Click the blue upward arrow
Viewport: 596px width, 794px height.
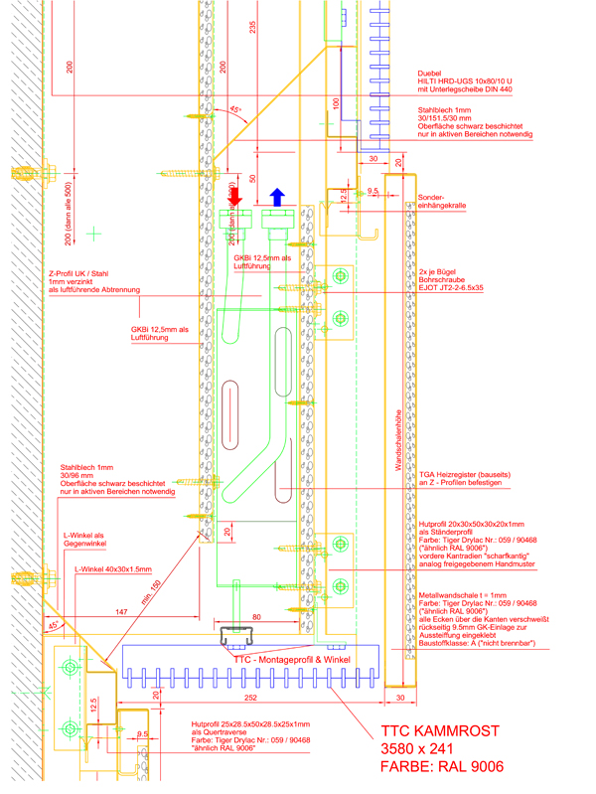(276, 196)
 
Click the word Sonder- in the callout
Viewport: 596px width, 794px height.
(432, 197)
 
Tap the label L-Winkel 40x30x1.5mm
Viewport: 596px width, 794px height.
(112, 570)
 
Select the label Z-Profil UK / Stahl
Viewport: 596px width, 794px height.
(81, 272)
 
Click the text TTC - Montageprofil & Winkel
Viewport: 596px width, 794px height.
(291, 658)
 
